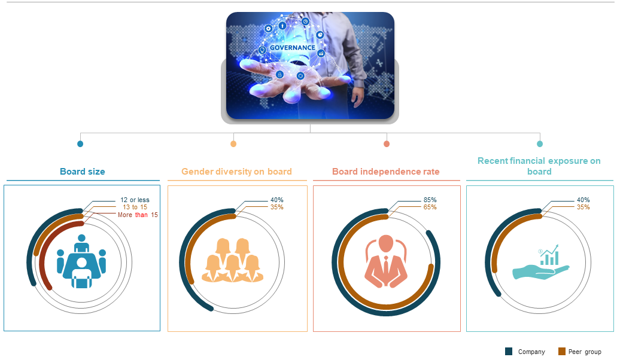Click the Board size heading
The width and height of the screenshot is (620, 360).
pyautogui.click(x=82, y=172)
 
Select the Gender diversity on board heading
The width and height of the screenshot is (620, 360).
pyautogui.click(x=236, y=172)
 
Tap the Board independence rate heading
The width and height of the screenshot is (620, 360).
pyautogui.click(x=386, y=172)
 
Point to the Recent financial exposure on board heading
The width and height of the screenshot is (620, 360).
pyautogui.click(x=539, y=166)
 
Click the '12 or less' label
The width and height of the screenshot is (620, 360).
pyautogui.click(x=135, y=200)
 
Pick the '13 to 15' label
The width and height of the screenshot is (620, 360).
pyautogui.click(x=135, y=207)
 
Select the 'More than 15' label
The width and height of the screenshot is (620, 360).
pyautogui.click(x=138, y=215)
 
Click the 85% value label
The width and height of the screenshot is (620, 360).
pyautogui.click(x=430, y=200)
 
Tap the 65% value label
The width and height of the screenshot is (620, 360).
pyautogui.click(x=430, y=207)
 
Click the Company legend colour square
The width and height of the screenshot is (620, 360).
pyautogui.click(x=509, y=351)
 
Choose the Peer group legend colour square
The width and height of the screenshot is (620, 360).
pyautogui.click(x=562, y=351)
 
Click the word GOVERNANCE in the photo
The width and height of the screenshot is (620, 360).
pyautogui.click(x=293, y=48)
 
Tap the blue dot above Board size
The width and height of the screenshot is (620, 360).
pyautogui.click(x=80, y=144)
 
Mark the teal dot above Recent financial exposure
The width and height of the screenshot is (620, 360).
pyautogui.click(x=540, y=144)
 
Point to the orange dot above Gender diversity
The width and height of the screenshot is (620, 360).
pyautogui.click(x=233, y=144)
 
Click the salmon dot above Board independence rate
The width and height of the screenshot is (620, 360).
pyautogui.click(x=387, y=144)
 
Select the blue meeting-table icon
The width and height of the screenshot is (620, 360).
pyautogui.click(x=81, y=261)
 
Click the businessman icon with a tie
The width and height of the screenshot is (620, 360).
pyautogui.click(x=386, y=261)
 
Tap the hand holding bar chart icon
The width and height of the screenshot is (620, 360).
pyautogui.click(x=541, y=262)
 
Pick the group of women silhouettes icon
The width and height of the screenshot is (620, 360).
pyautogui.click(x=232, y=260)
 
